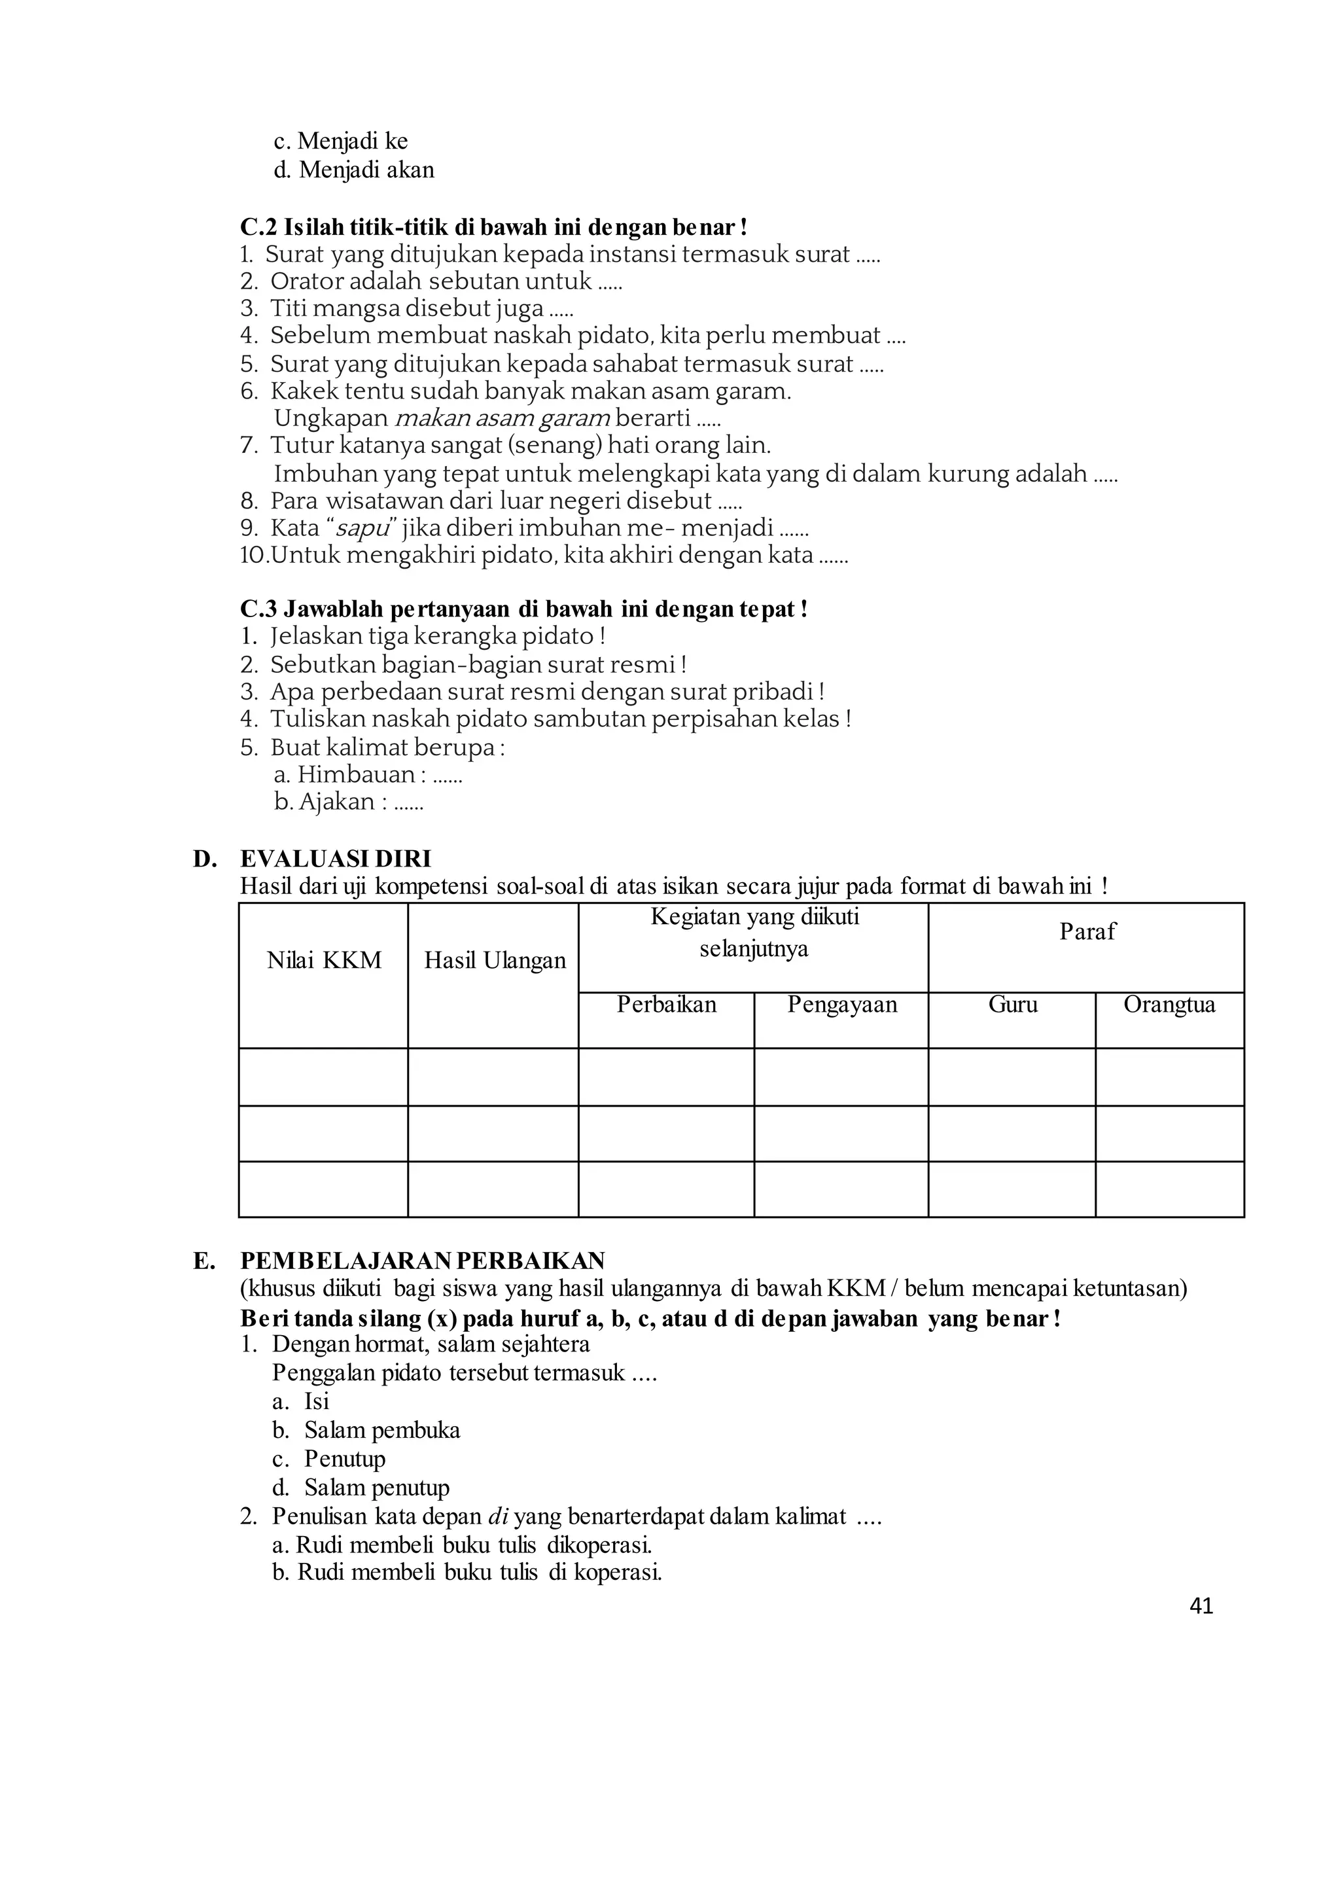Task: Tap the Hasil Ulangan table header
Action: tap(494, 961)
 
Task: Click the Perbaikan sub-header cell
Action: tap(666, 1005)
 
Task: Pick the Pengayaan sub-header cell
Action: tap(841, 1005)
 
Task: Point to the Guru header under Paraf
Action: tap(1012, 1005)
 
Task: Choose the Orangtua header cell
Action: tap(1169, 1005)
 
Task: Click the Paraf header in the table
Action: tap(1087, 932)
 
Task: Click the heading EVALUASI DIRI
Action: tap(335, 859)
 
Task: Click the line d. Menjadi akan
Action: tap(354, 170)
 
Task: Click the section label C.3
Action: tap(258, 610)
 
